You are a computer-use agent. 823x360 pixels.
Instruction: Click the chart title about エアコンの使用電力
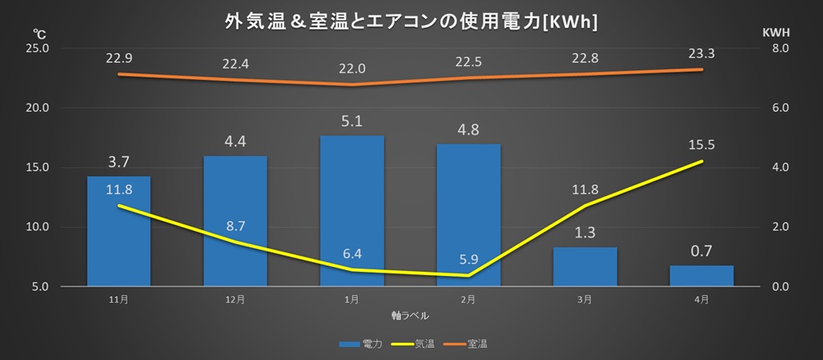(x=411, y=22)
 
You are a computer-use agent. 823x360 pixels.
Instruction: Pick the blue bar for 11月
(x=118, y=237)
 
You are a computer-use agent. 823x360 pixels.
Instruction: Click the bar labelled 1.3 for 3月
(x=585, y=267)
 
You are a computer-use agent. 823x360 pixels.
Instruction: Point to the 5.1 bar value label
(x=352, y=121)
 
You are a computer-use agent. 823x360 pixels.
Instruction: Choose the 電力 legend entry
(x=361, y=344)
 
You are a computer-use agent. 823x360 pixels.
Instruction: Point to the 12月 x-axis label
(x=235, y=300)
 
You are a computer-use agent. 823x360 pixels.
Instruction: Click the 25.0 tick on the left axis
(x=38, y=48)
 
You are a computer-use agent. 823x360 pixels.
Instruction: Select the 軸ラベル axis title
(x=410, y=314)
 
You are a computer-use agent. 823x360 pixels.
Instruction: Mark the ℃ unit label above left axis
(x=38, y=33)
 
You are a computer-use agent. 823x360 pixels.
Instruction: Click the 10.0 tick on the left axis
(x=38, y=227)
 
